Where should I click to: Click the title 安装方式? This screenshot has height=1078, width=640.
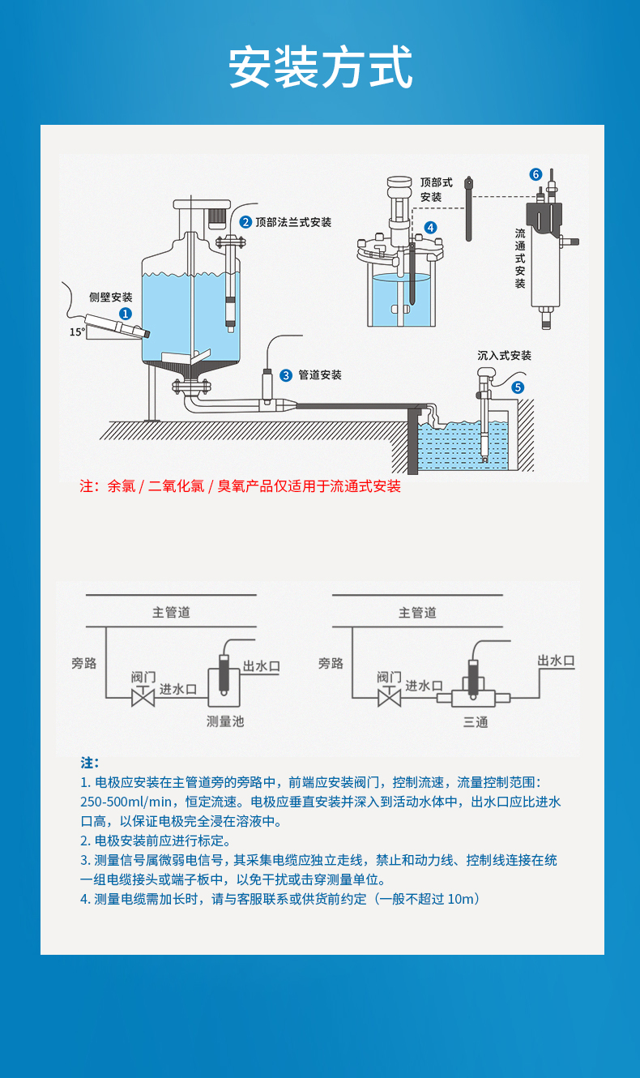(x=320, y=67)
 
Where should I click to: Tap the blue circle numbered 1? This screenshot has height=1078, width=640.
(x=126, y=313)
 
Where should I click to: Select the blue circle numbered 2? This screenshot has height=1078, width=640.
(x=245, y=222)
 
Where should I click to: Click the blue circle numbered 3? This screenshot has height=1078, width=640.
(x=286, y=375)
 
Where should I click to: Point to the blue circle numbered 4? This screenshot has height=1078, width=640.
(x=430, y=228)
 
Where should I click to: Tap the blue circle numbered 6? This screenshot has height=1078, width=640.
(x=535, y=174)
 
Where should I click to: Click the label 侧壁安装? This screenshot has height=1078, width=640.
(x=110, y=297)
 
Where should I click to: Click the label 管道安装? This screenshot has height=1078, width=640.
(x=320, y=375)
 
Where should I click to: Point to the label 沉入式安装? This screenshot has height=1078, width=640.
(x=504, y=356)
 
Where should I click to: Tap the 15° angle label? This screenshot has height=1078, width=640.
(x=76, y=332)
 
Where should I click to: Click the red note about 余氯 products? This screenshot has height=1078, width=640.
(x=240, y=486)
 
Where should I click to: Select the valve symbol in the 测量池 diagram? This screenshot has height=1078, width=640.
(x=143, y=696)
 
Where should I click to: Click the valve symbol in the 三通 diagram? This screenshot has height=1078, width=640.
(x=390, y=696)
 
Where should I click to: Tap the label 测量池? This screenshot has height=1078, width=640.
(x=225, y=721)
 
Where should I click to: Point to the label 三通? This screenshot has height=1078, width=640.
(x=476, y=721)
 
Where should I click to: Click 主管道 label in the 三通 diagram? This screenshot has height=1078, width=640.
(x=417, y=613)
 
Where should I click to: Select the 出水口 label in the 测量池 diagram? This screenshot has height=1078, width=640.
(x=262, y=666)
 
